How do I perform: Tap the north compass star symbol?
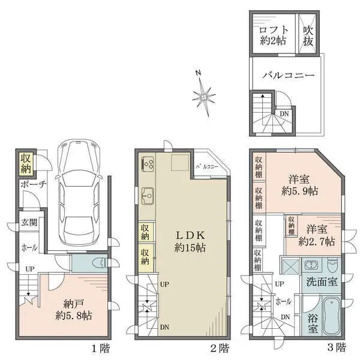[x=204, y=95]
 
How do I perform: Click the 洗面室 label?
[x=321, y=281]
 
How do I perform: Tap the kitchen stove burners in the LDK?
[x=148, y=164]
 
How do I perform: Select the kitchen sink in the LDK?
[x=148, y=195]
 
